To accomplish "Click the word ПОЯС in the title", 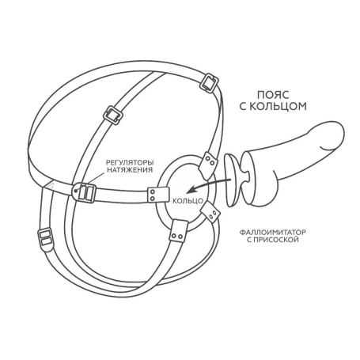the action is (273, 95).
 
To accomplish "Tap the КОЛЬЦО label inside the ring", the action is (188, 201).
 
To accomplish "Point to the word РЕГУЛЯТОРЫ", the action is (130, 162).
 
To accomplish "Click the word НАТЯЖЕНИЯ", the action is (130, 169).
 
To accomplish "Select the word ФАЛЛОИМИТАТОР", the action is (273, 233).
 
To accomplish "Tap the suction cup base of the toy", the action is (231, 180).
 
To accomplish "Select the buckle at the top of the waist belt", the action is (208, 82).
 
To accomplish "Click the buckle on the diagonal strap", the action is (113, 115).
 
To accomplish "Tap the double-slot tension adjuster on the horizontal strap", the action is (84, 192).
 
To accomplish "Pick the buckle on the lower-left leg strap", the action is (45, 237).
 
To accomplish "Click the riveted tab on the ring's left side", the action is (158, 195).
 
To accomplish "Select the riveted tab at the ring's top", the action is (207, 165).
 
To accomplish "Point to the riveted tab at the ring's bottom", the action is (179, 230).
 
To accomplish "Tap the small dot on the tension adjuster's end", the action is (76, 190).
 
